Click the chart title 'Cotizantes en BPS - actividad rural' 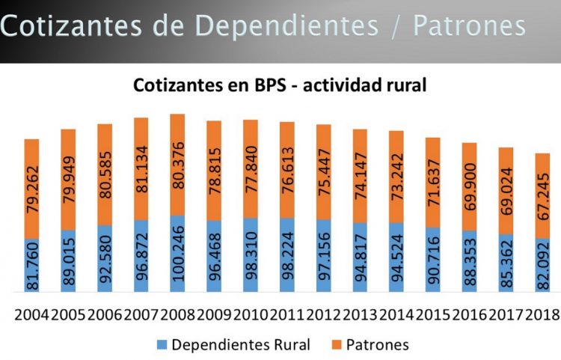pos(280,85)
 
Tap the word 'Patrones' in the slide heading pos(469,25)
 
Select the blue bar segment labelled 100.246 pos(177,254)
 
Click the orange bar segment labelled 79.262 pos(31,189)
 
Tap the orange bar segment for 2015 pos(432,182)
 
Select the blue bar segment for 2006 pos(105,259)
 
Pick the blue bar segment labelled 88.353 pos(469,262)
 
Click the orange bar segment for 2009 pos(214,171)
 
